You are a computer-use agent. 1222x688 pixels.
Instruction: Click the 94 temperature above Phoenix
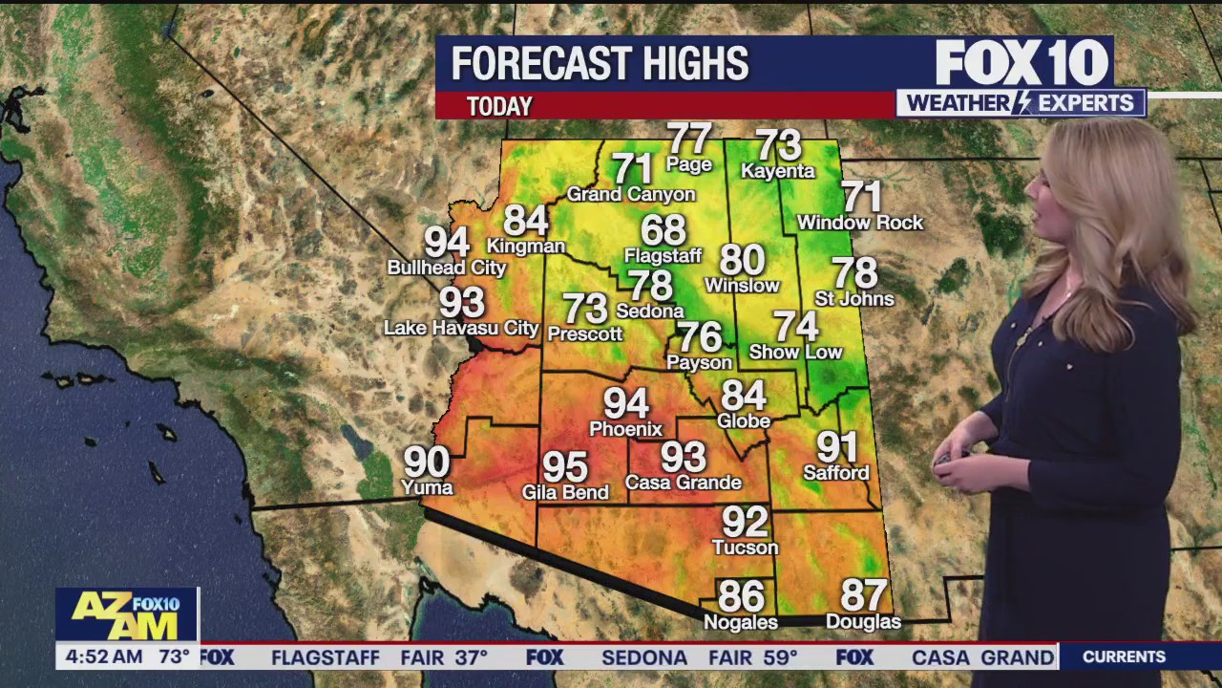pyautogui.click(x=626, y=404)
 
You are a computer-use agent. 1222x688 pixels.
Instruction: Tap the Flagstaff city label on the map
pyautogui.click(x=663, y=256)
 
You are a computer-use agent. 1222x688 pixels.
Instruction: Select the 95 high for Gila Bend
pyautogui.click(x=565, y=468)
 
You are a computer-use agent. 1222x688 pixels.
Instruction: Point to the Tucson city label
pyautogui.click(x=746, y=548)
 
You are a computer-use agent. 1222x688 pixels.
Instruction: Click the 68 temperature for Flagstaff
pyautogui.click(x=664, y=230)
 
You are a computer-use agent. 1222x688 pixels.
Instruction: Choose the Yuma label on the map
pyautogui.click(x=427, y=488)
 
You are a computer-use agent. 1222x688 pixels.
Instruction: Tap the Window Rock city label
pyautogui.click(x=860, y=223)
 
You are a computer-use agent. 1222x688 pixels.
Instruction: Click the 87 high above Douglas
pyautogui.click(x=863, y=595)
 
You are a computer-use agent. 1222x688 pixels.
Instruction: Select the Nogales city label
pyautogui.click(x=741, y=622)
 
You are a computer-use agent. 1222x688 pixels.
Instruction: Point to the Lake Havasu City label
pyautogui.click(x=461, y=329)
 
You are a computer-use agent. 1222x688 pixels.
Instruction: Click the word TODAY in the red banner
pyautogui.click(x=499, y=106)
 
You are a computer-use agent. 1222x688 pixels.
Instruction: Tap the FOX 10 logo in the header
pyautogui.click(x=1022, y=63)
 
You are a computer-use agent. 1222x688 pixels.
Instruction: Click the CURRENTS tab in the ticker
pyautogui.click(x=1124, y=657)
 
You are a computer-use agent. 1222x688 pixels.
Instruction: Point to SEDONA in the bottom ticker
pyautogui.click(x=644, y=657)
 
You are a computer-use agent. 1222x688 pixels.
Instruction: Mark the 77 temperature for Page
pyautogui.click(x=689, y=139)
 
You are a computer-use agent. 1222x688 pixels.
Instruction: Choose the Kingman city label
pyautogui.click(x=526, y=246)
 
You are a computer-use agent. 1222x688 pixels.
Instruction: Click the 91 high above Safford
pyautogui.click(x=836, y=447)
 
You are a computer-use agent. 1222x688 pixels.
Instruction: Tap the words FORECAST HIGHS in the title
pyautogui.click(x=600, y=64)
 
